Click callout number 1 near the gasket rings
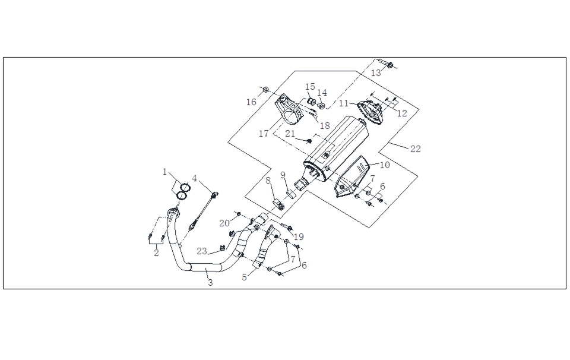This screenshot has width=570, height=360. (165, 172)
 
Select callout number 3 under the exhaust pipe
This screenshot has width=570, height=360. (210, 283)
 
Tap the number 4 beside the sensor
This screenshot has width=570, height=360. (194, 178)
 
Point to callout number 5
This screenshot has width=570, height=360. (245, 276)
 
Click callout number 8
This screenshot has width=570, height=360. (268, 181)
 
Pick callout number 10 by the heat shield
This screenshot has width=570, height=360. (385, 165)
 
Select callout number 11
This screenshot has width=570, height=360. (344, 103)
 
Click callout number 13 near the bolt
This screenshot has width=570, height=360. (376, 73)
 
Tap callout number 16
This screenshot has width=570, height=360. (252, 102)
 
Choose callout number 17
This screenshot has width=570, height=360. (264, 134)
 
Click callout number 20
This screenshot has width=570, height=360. (223, 223)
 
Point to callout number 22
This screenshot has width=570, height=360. (416, 149)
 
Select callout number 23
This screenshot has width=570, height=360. (202, 251)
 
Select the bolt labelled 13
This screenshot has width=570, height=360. (388, 64)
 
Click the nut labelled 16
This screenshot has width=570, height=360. (266, 90)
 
